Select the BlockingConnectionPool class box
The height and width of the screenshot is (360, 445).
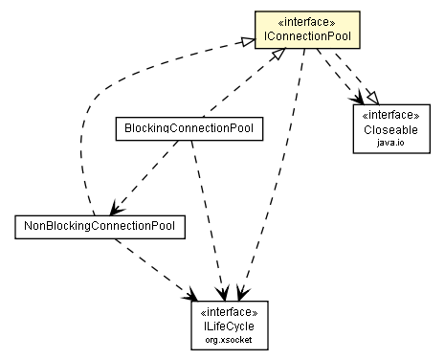(x=188, y=126)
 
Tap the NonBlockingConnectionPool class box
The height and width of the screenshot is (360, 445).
(x=100, y=226)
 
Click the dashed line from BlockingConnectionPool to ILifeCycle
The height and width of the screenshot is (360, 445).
(x=208, y=211)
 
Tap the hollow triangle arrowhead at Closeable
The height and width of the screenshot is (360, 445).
(x=367, y=97)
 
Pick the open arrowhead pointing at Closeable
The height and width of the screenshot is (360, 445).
(x=356, y=99)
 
